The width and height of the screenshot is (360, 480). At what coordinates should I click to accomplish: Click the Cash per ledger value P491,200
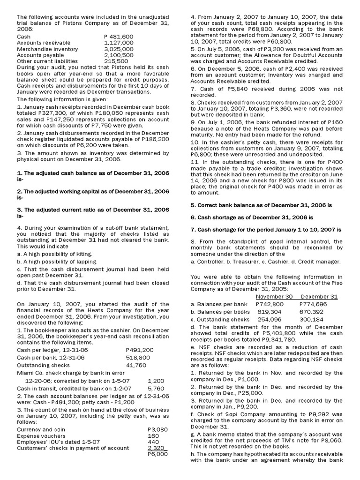(140, 350)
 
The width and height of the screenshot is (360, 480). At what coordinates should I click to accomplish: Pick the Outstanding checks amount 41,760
(136, 365)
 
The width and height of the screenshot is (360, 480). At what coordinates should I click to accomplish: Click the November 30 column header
(274, 297)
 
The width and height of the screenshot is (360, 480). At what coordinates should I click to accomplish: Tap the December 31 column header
(319, 297)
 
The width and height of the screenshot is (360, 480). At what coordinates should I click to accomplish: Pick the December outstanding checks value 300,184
(314, 320)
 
